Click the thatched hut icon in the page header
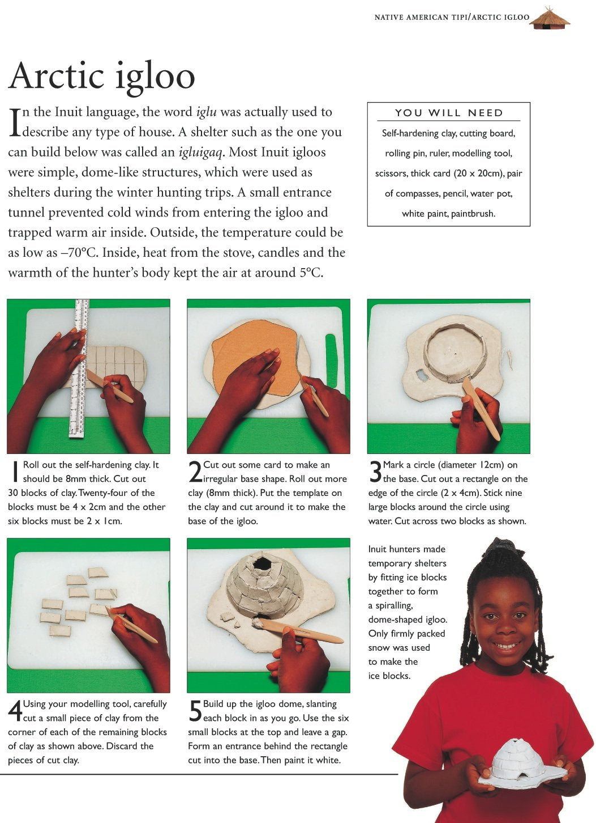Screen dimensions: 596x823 pos(550,18)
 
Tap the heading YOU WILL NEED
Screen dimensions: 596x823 pos(448,113)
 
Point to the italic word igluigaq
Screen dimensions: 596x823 pos(200,152)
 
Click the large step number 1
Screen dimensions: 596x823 pos(15,472)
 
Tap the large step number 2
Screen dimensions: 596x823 pos(195,472)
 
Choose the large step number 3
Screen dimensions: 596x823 pos(375,472)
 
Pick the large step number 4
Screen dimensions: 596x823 pos(15,711)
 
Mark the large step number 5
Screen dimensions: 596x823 pos(195,711)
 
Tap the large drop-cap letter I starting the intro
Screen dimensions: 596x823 pos(14,122)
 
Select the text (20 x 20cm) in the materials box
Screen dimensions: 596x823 pos(478,173)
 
